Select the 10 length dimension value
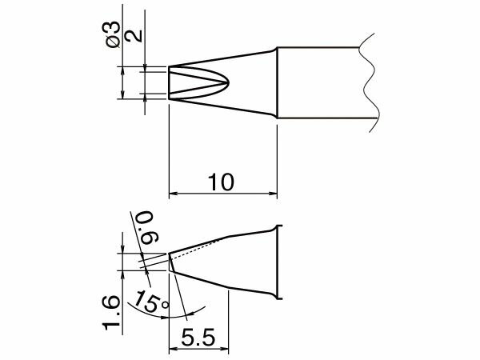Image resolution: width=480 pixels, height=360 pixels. (x=222, y=182)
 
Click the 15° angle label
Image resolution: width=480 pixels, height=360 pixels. (x=152, y=302)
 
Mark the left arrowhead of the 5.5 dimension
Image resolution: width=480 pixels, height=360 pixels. (x=173, y=349)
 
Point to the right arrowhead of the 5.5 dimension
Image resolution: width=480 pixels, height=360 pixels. (x=227, y=349)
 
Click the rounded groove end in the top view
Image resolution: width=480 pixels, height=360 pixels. (x=228, y=82)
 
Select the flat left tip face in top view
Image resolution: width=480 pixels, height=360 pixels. (x=169, y=82)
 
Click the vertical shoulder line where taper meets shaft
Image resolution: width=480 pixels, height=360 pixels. (x=278, y=83)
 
